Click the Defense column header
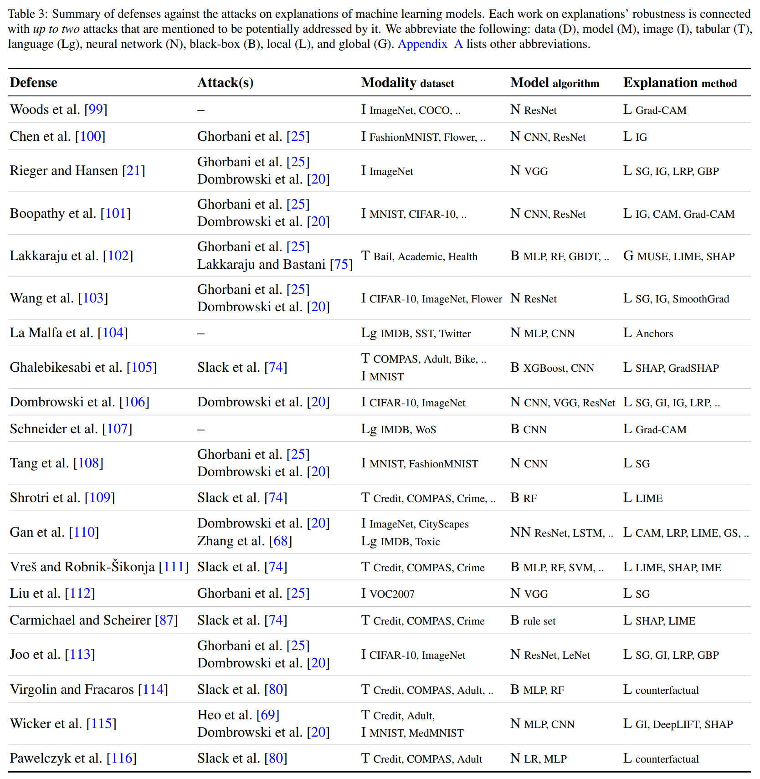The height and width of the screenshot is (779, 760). [x=34, y=82]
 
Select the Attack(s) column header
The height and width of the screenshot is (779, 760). [x=225, y=82]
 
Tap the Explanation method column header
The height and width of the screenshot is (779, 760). [x=680, y=82]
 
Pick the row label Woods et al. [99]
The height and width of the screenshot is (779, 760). [x=58, y=109]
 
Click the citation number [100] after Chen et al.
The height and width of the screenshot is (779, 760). [x=90, y=136]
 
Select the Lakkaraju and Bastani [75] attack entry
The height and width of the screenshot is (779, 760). [x=275, y=264]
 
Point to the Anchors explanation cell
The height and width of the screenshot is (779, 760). [x=654, y=333]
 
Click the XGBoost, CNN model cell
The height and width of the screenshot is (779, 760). [x=558, y=368]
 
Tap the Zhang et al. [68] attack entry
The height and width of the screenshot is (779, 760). [x=244, y=541]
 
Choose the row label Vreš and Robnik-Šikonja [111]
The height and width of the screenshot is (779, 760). [x=99, y=567]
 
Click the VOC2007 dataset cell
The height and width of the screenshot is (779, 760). [x=392, y=594]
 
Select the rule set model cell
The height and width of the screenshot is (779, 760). [x=539, y=620]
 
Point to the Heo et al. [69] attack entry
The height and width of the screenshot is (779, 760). [x=238, y=715]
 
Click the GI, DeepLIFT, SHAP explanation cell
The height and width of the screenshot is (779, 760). [x=684, y=724]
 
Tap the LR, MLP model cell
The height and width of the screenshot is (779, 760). [x=545, y=758]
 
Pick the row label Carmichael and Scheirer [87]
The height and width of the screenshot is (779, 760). [x=93, y=620]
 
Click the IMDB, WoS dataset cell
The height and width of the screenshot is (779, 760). [x=408, y=429]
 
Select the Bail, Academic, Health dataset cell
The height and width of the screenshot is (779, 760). [x=425, y=256]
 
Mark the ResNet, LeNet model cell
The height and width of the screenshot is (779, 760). [x=557, y=655]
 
